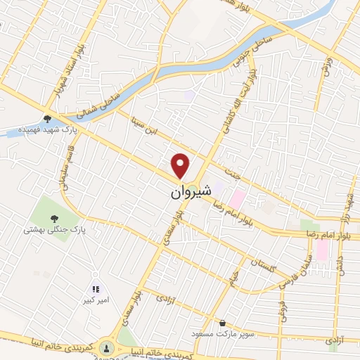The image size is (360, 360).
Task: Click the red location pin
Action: (181, 165)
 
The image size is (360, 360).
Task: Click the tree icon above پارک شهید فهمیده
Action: (47, 119)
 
